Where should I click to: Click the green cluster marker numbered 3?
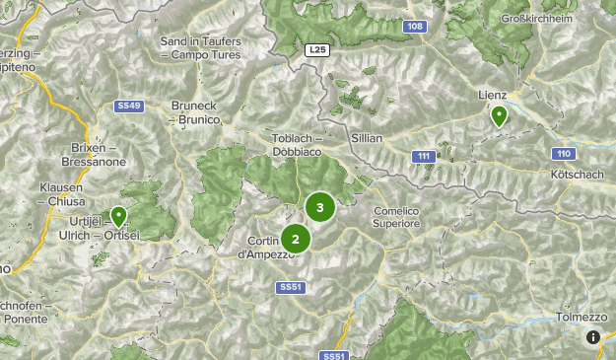pyautogui.click(x=319, y=208)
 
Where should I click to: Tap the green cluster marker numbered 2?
pyautogui.click(x=295, y=239)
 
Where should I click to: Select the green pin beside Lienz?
pyautogui.click(x=499, y=116)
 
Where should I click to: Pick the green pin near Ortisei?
pyautogui.click(x=119, y=216)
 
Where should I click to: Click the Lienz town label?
pyautogui.click(x=492, y=95)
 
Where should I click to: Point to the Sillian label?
pyautogui.click(x=366, y=139)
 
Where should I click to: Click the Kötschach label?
pyautogui.click(x=578, y=174)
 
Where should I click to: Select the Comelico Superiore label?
pyautogui.click(x=397, y=218)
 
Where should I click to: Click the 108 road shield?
pyautogui.click(x=414, y=27)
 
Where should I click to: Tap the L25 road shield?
pyautogui.click(x=315, y=48)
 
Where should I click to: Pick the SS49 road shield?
pyautogui.click(x=129, y=106)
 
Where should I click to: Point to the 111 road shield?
pyautogui.click(x=424, y=156)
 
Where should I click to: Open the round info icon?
pyautogui.click(x=593, y=337)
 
